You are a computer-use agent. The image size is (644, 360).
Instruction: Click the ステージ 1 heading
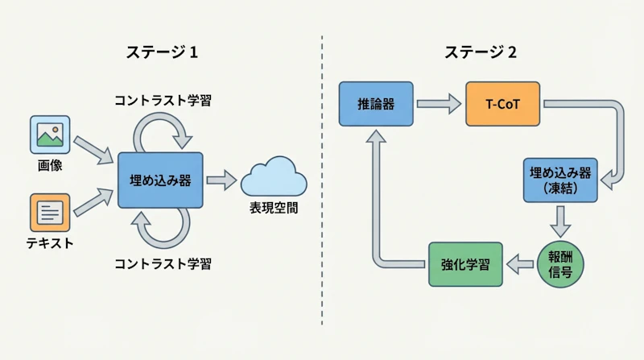[x=161, y=52]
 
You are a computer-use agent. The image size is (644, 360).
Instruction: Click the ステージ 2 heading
[x=481, y=52]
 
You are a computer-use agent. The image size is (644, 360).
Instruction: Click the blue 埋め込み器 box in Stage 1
[x=160, y=180]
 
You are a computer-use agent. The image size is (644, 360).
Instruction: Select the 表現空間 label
[x=274, y=209]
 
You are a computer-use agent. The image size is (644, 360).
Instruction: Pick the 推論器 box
[x=376, y=103]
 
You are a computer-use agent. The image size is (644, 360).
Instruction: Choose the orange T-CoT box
[x=502, y=103]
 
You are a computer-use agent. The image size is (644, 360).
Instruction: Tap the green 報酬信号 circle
[x=560, y=263]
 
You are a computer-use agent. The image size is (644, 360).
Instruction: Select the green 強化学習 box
[x=465, y=263]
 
